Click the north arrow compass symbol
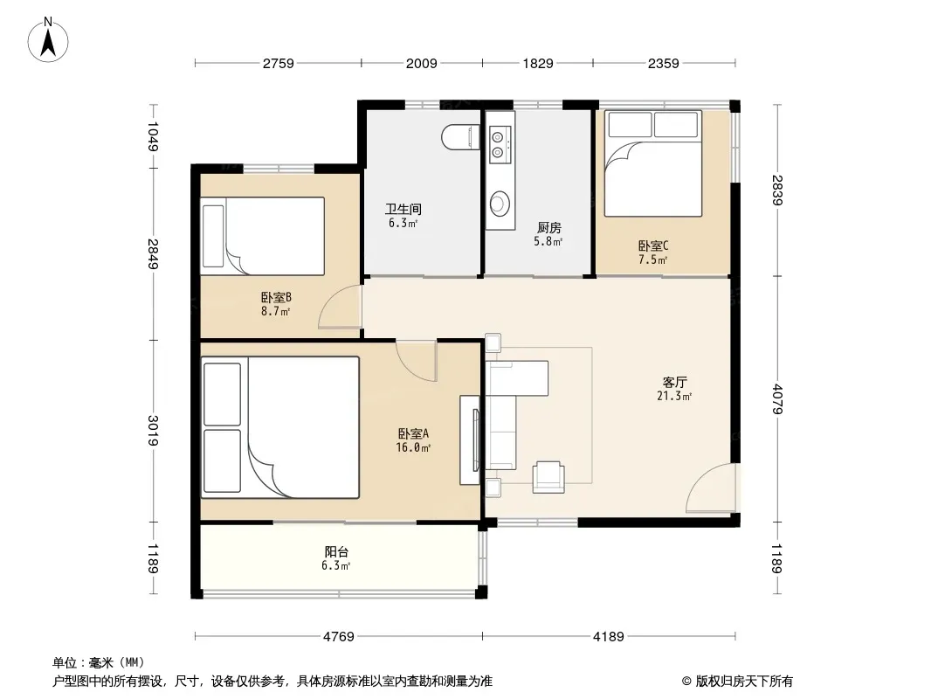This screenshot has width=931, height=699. pos(48,40)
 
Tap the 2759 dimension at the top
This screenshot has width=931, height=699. pos(279,63)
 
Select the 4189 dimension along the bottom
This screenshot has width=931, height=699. pos(609,637)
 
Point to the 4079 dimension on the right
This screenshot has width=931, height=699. pos(778,399)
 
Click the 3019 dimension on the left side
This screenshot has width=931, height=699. pos(153,431)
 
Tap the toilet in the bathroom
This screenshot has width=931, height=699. pos(461,137)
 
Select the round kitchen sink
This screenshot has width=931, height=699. pos(500,203)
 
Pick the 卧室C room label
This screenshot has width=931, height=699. pos(653,246)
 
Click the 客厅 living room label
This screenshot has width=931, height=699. pos(675,382)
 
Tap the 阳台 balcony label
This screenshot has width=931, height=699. pos(336,551)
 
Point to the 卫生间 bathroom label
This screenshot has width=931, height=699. pos(403,209)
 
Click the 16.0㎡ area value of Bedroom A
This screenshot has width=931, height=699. pos(413,447)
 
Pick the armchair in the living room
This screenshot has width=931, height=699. pos(548,477)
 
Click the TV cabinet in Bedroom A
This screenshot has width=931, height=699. pos(470,440)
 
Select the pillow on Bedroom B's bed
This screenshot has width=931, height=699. pos(213,237)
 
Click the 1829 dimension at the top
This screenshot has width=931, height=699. pos(538,63)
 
